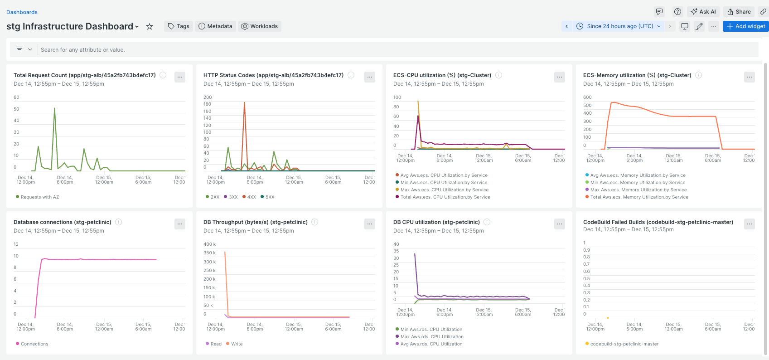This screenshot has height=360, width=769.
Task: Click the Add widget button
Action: click(x=745, y=26)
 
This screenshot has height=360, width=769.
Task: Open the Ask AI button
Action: click(x=703, y=12)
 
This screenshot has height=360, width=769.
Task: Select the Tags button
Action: click(x=179, y=26)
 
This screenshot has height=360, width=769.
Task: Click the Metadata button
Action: click(x=215, y=26)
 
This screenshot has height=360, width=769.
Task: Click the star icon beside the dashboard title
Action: click(x=150, y=27)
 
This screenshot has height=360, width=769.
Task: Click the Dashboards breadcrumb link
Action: click(x=22, y=12)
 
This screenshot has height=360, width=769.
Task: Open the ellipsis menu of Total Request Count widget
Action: click(x=180, y=77)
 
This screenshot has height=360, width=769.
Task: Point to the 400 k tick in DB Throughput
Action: click(x=209, y=244)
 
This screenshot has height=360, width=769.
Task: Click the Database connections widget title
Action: click(x=63, y=222)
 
